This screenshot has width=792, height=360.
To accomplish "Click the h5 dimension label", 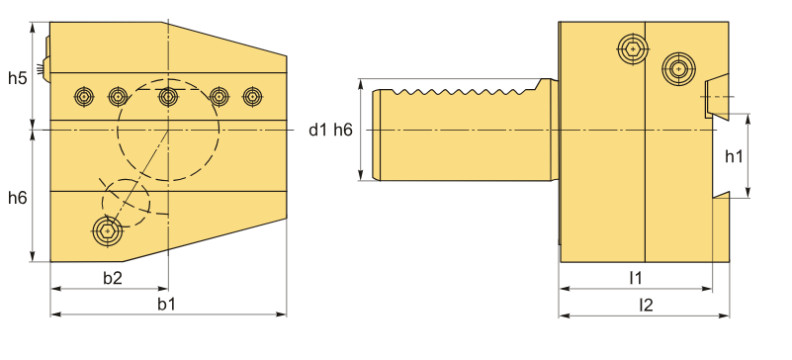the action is pos(17,78).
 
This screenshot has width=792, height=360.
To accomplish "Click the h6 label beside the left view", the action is pos(17,198).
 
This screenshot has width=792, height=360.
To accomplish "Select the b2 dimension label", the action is pos(113,278).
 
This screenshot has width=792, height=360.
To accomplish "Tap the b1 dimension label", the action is pos(166,304).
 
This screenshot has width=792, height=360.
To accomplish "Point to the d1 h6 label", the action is pos(331,131).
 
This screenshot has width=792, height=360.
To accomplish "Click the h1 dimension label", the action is pos(734,156).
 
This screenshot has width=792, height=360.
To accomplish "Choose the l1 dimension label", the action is pos(636,277).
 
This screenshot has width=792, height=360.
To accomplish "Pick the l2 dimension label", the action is pos(646,305).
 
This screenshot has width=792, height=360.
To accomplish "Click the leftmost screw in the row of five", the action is pos(84,96).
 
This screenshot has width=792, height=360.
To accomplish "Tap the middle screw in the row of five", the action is pos(168,96).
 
